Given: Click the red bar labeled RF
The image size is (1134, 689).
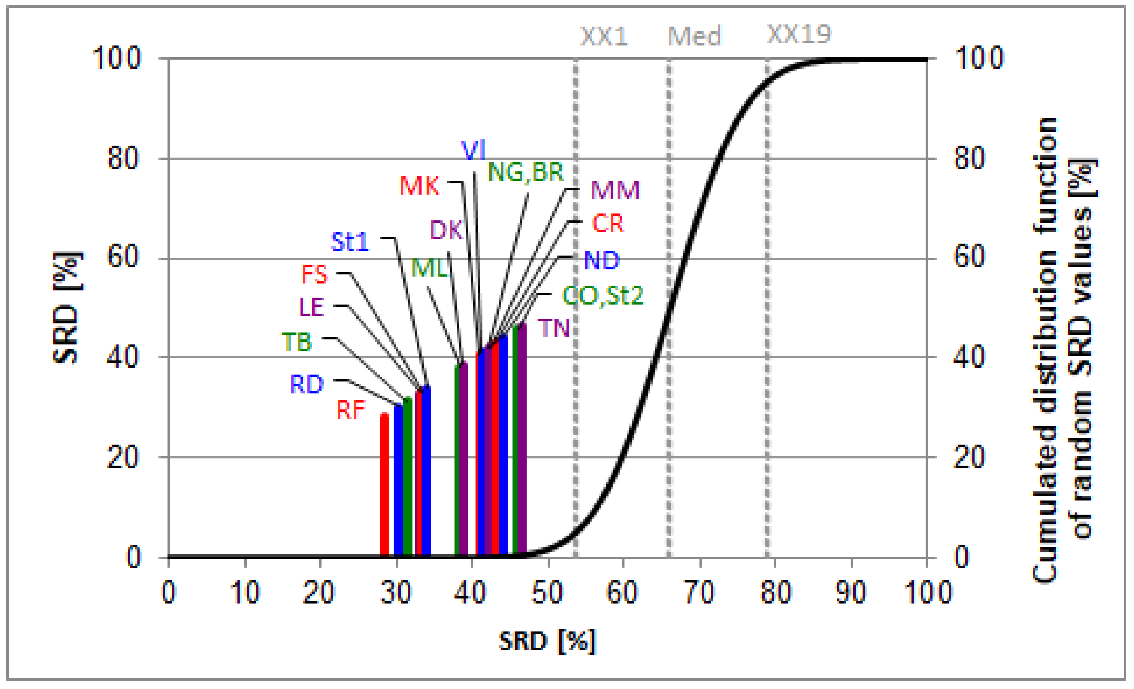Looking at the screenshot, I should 384,485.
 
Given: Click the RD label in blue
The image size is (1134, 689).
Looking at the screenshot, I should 307,384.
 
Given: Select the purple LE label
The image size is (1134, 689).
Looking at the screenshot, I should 312,307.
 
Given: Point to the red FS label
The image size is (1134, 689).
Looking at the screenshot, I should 315,275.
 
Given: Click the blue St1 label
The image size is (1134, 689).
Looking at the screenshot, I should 350,241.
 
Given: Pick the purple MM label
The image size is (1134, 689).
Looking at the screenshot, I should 615,190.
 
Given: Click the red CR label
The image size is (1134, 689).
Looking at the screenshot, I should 608,223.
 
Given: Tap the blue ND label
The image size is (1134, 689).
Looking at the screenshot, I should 601,260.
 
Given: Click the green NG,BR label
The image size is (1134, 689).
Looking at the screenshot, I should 525,172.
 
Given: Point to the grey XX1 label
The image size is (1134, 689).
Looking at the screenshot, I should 604,36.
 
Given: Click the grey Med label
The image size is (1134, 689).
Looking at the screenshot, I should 694,36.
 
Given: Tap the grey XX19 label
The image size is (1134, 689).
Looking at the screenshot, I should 799,34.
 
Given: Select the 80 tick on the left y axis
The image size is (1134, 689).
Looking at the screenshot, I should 122,158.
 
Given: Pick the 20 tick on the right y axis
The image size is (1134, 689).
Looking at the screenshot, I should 969,457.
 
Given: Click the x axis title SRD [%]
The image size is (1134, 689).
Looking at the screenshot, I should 547,641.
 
